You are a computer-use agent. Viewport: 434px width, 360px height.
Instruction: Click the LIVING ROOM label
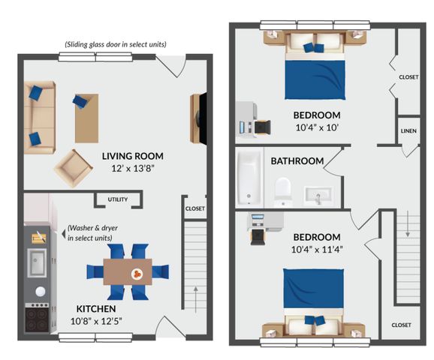(133, 156)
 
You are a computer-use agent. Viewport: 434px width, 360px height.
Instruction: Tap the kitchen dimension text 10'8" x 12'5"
(96, 321)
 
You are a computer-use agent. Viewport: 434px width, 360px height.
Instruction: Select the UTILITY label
(118, 199)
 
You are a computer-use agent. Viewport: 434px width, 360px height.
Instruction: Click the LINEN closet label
(408, 131)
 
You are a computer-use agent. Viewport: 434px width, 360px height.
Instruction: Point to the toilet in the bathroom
(283, 191)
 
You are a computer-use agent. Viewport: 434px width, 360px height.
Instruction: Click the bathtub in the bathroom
(249, 177)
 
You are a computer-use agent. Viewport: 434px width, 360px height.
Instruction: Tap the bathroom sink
(318, 195)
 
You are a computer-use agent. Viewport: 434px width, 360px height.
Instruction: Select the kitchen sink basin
(37, 262)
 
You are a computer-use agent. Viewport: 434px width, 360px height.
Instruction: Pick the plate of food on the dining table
(137, 274)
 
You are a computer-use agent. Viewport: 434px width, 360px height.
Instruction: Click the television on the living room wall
(203, 118)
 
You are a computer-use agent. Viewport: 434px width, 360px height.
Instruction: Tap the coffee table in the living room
(86, 118)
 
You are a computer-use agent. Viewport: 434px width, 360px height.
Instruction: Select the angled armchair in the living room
(74, 169)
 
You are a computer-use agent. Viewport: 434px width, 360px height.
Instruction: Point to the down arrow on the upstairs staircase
(408, 224)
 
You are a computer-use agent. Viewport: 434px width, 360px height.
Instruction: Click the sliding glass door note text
(116, 44)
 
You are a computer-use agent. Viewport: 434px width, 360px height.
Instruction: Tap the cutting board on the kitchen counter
(39, 238)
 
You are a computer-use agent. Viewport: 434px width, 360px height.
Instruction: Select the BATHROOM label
(297, 161)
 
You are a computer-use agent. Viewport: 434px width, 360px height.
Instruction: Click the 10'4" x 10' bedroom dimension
(317, 127)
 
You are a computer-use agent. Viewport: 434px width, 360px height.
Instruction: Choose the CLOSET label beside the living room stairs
(195, 208)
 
